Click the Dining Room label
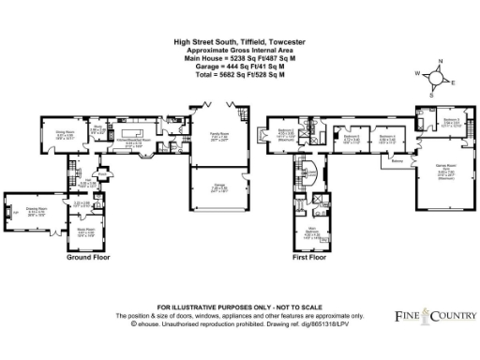pyautogui.click(x=65, y=134)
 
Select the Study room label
pyautogui.click(x=97, y=130)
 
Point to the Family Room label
pyautogui.click(x=218, y=135)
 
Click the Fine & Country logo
pyautogui.click(x=430, y=316)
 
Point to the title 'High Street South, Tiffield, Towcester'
pyautogui.click(x=239, y=42)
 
